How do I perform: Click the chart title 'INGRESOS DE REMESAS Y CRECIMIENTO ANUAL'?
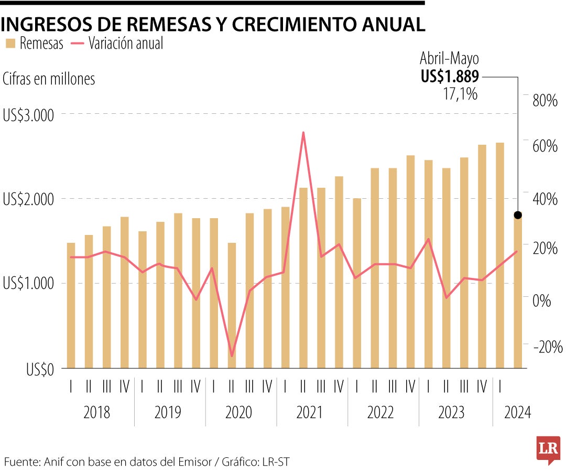coord(212,24)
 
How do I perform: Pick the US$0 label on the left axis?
coord(40,370)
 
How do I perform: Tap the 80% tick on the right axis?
coord(545,101)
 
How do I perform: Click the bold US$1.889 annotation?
coord(450,77)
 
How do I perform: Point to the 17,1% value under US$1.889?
coord(460,94)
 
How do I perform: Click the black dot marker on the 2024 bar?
coord(518,215)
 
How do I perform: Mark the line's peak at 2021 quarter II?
coord(303,132)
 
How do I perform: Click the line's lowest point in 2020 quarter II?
coord(232,356)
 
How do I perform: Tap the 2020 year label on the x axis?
coord(238,413)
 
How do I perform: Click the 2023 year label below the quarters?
coord(452,413)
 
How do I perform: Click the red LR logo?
coord(548,449)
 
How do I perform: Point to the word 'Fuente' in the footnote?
coord(20,462)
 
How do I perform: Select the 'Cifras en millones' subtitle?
coord(49,79)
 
